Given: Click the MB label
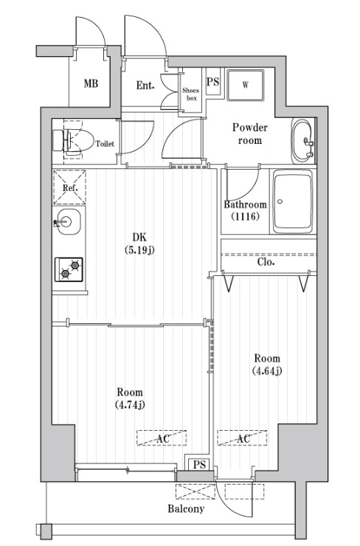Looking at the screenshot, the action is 91,83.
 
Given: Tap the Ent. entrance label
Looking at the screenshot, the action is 145,86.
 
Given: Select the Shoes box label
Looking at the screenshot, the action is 191,94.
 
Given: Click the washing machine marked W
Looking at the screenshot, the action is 245,85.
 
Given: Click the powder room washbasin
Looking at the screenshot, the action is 303,142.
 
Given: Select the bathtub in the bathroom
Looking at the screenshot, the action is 292,201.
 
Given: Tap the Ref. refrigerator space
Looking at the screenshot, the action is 69,187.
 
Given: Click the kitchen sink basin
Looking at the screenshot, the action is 69,222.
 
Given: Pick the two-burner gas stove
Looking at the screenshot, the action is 69,269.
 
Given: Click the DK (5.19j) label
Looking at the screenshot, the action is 139,243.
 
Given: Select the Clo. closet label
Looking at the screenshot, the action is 266,262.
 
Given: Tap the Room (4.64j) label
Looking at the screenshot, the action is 267,364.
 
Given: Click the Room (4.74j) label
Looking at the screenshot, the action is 130,398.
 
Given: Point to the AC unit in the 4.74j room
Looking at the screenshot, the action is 162,438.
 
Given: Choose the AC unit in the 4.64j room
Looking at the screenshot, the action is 242,438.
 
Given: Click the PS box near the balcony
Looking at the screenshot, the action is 199,465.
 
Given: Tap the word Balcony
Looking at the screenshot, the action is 186,509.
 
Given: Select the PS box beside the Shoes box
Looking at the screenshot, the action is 212,81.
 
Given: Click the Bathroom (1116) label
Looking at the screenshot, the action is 245,210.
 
